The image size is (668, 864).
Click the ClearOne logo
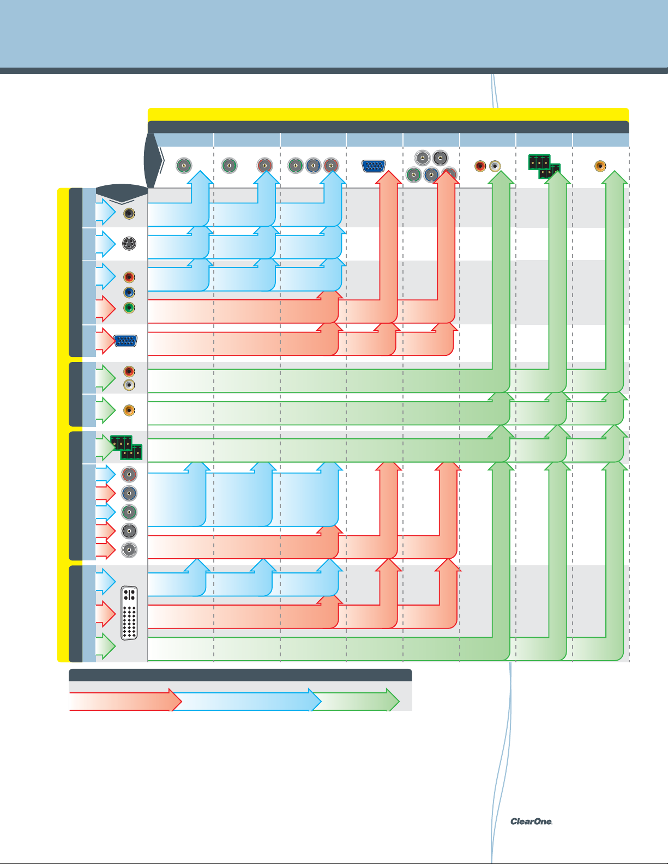[x=531, y=821]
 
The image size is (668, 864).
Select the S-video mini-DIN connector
[x=129, y=244]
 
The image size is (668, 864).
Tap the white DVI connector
[x=129, y=613]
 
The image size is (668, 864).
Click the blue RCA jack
[x=129, y=293]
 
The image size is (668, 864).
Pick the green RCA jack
[x=129, y=308]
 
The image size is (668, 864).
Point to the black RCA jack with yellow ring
[x=129, y=214]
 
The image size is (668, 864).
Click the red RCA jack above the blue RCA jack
[x=129, y=277]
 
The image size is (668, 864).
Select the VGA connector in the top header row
[x=374, y=166]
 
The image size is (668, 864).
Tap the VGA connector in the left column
[x=125, y=341]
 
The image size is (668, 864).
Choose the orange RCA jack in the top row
[x=600, y=165]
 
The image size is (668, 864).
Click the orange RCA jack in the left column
[x=129, y=410]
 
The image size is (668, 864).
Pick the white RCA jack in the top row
[x=495, y=165]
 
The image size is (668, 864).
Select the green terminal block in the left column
[x=126, y=447]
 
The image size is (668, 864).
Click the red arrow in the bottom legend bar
[x=125, y=700]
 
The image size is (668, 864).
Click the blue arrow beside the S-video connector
[x=106, y=244]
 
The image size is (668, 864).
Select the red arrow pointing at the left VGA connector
[x=106, y=341]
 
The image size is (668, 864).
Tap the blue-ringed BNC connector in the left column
[x=129, y=493]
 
